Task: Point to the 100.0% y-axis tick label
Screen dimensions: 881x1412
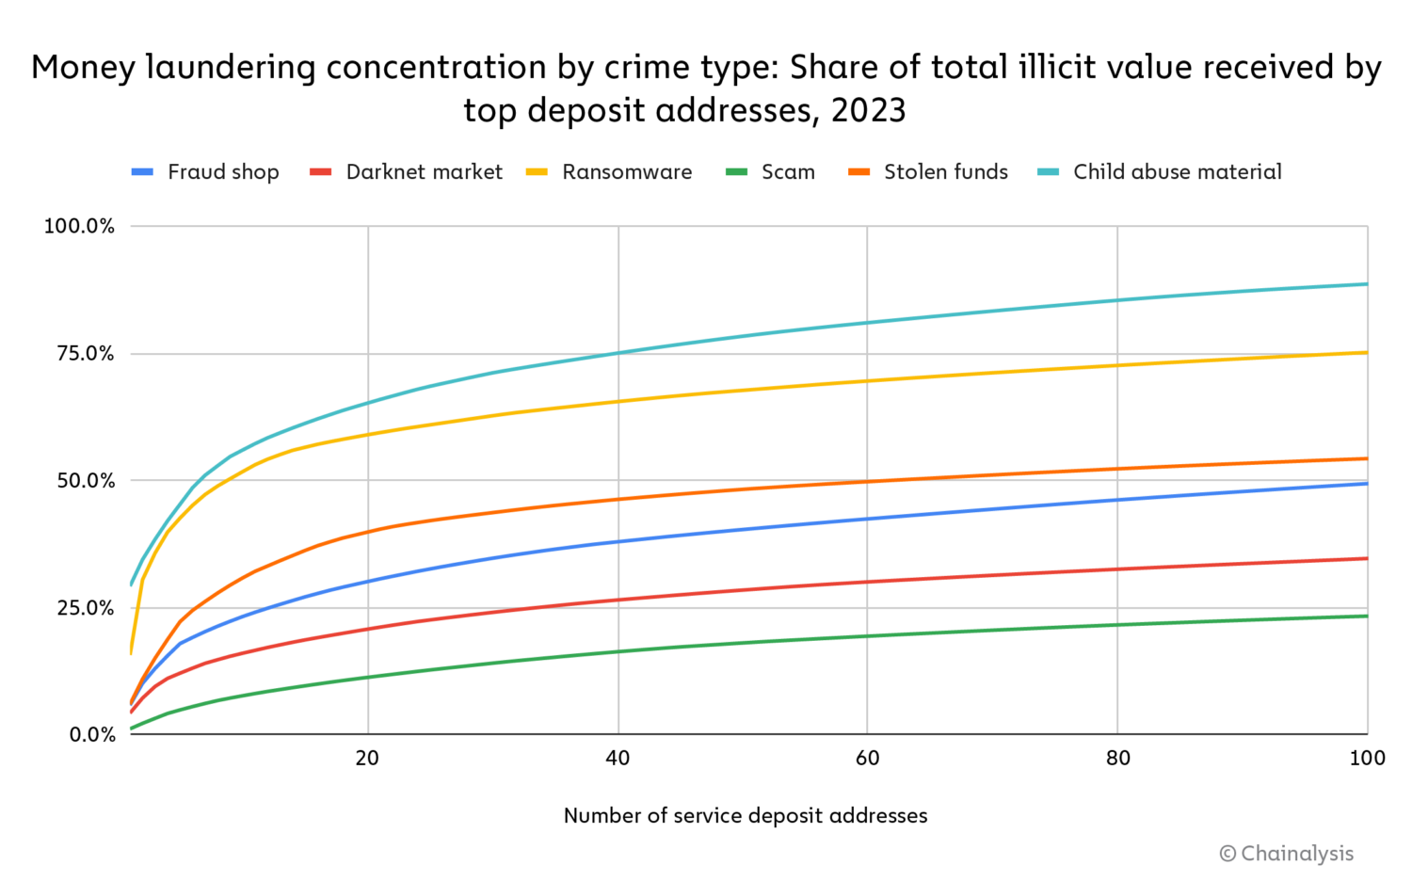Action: [x=79, y=227]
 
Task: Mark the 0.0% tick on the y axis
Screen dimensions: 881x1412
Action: [x=91, y=735]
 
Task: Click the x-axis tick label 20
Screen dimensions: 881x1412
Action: [x=367, y=759]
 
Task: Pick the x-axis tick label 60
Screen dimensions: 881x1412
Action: [x=867, y=759]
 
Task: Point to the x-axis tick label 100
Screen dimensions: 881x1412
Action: [x=1367, y=759]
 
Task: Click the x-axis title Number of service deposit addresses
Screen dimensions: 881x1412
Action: [x=745, y=816]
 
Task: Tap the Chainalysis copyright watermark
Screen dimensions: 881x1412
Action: [x=1286, y=854]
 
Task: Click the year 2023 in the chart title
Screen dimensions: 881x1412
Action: [x=868, y=111]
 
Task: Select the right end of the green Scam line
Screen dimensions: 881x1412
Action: [x=1366, y=617]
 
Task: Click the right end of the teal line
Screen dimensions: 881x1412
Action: [x=1366, y=284]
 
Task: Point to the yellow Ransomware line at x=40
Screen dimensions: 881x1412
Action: [x=618, y=402]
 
